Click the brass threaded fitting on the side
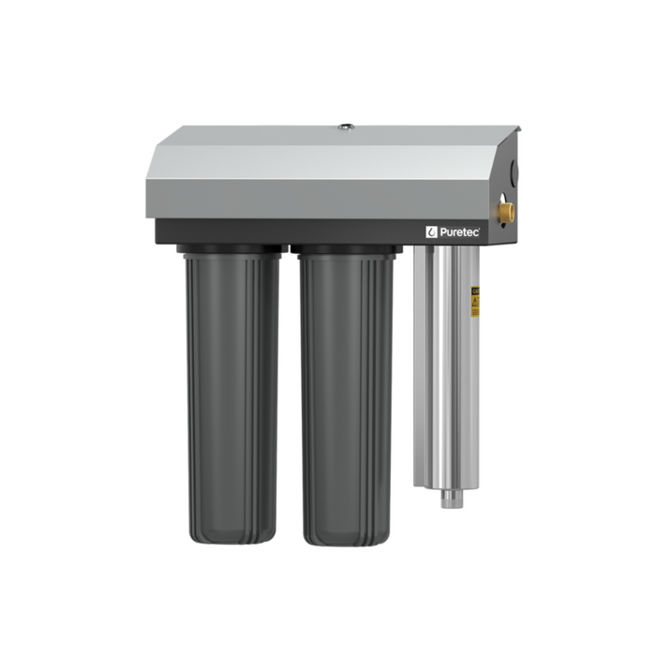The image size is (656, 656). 507,213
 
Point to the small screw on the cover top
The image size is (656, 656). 345,127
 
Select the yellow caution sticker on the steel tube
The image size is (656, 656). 475,301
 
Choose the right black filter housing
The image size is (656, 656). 347,394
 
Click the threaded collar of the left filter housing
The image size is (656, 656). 231,250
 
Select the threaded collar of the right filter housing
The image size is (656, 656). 346,250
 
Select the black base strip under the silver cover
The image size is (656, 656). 281,231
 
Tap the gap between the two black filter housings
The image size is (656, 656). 290,394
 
